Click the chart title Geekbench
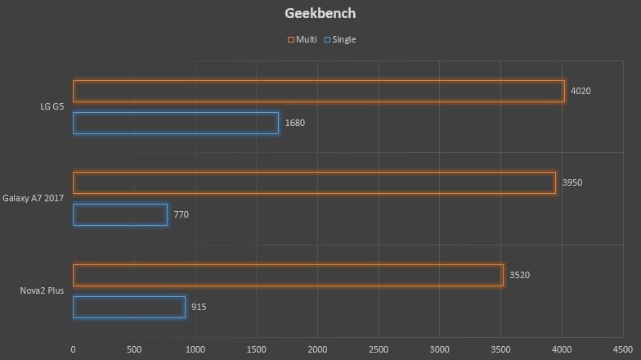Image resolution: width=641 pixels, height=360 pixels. tap(320, 14)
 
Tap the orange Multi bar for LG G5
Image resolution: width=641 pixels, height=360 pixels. tap(319, 91)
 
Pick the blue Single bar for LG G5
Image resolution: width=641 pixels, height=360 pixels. tap(176, 123)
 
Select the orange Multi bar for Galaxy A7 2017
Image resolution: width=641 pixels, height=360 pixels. tap(314, 182)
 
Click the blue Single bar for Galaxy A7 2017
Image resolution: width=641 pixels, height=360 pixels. tap(120, 214)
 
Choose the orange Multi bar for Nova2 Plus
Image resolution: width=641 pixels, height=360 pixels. tap(288, 275)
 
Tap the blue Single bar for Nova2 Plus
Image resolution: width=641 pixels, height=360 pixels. tap(129, 307)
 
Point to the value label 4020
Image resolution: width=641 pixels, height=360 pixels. tap(580, 91)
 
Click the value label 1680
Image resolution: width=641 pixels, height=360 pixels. tap(294, 123)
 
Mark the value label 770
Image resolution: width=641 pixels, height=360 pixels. tap(182, 214)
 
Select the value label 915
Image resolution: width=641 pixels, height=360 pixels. tap(199, 307)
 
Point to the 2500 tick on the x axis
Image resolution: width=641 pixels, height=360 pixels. tap(379, 350)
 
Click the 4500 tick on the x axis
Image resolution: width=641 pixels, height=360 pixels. tap(623, 350)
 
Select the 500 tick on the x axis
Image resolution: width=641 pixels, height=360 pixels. tap(134, 350)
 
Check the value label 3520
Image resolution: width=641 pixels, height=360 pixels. tap(519, 275)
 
